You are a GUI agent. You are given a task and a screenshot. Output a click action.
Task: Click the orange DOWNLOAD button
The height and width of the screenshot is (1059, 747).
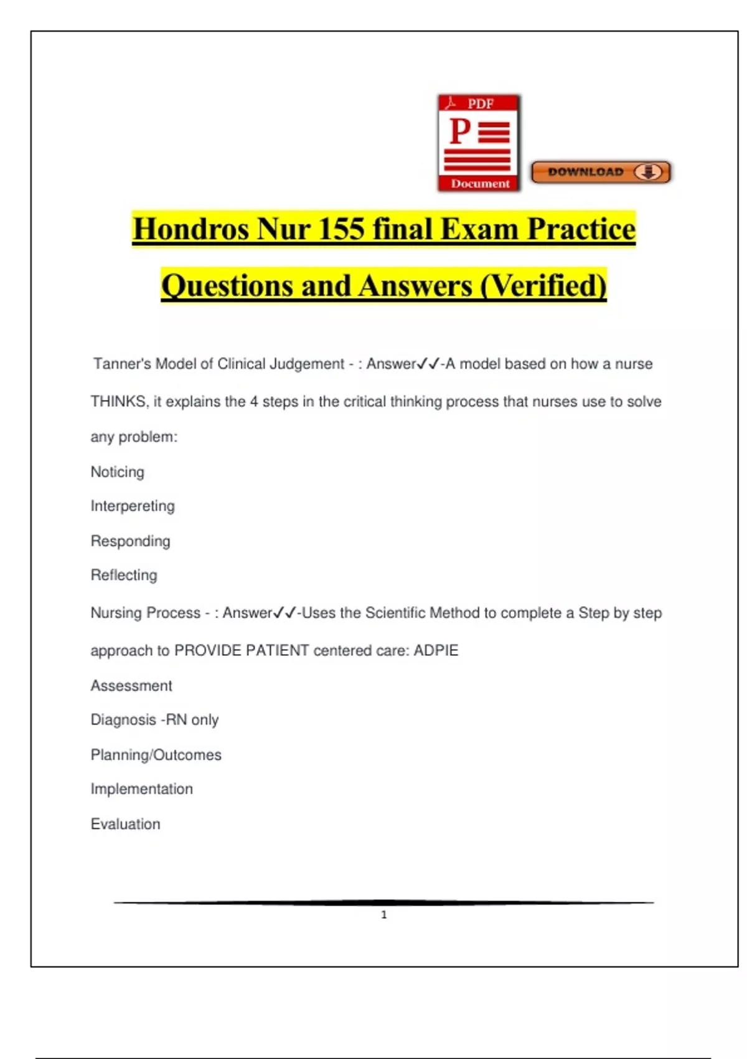point(601,172)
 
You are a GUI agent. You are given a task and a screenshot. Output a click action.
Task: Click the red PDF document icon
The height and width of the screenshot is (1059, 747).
point(479,143)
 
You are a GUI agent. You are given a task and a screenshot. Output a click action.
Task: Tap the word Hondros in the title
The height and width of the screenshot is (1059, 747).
point(190,229)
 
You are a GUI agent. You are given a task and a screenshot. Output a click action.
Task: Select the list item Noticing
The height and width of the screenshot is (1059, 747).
point(118,472)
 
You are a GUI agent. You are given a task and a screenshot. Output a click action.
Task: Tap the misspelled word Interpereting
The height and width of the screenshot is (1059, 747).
point(133,506)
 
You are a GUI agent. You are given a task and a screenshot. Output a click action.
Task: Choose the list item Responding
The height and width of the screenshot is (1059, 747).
point(131,541)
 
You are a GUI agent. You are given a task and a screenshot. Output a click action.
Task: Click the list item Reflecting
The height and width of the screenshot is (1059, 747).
point(124,575)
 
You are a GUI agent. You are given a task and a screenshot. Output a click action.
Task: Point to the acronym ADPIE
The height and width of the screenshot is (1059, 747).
point(436,650)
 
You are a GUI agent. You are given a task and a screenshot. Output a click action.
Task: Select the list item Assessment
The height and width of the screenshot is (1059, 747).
point(131,686)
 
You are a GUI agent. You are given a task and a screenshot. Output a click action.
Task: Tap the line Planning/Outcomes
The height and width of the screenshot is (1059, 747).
point(156,755)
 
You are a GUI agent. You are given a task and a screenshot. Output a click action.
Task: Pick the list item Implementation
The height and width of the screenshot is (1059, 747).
point(142,789)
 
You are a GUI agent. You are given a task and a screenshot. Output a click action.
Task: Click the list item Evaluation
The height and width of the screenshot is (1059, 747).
point(126,824)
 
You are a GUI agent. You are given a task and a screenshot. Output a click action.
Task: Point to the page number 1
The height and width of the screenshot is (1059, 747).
point(384,914)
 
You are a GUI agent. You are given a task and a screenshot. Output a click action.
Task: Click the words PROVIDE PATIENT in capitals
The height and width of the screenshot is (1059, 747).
point(242,650)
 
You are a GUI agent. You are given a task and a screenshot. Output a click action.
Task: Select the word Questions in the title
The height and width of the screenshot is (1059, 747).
point(228,286)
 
